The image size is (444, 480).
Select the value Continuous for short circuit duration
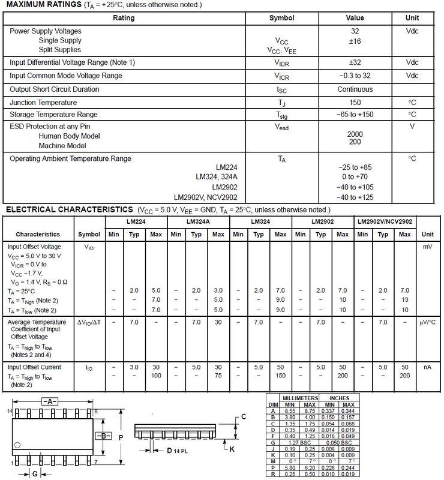pos(355,89)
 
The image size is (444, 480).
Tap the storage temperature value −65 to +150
pos(355,114)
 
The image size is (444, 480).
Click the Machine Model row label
pos(63,146)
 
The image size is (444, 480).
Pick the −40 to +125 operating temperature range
pos(355,197)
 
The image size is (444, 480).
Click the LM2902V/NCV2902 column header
pos(385,222)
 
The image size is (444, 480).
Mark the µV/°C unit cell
pos(427,323)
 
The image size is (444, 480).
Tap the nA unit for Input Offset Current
pos(427,366)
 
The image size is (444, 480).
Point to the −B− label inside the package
pos(103,436)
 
